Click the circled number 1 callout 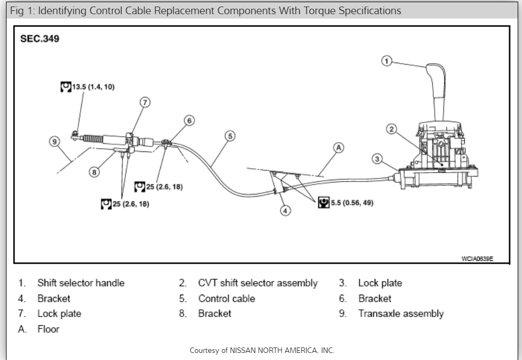(386, 61)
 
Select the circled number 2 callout (391, 129)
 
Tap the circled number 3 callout (377, 159)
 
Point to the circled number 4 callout (285, 210)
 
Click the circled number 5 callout (230, 136)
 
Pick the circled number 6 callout (189, 120)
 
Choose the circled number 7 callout (144, 102)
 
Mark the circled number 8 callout (95, 172)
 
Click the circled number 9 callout (54, 142)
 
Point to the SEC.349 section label (40, 40)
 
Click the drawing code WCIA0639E (477, 259)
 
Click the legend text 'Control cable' (226, 298)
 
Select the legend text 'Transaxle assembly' (400, 314)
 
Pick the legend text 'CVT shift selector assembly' (257, 283)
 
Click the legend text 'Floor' (48, 329)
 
